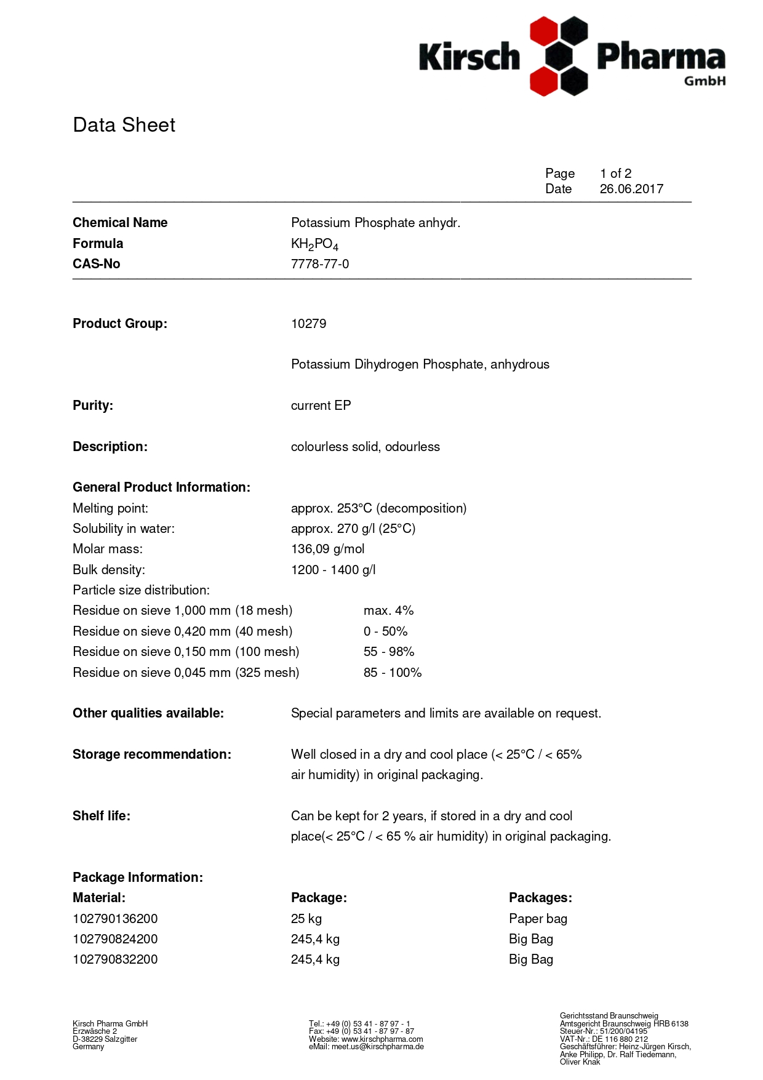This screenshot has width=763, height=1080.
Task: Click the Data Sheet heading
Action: point(124,125)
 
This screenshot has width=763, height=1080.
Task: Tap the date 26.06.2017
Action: point(631,189)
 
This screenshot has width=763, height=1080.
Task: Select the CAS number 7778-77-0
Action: point(320,264)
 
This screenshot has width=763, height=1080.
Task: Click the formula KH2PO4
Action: point(314,244)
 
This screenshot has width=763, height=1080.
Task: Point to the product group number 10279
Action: point(308,324)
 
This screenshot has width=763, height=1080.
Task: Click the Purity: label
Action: point(93,406)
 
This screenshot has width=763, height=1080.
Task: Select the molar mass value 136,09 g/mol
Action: point(327,549)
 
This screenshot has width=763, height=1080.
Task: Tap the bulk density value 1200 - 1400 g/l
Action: point(333,570)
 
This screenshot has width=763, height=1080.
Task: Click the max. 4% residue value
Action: point(388,610)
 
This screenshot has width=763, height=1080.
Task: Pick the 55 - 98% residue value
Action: point(389,652)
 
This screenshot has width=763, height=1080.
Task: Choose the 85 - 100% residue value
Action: point(393,673)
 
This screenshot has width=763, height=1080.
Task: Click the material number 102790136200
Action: point(115,919)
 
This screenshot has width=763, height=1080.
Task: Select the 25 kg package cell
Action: point(306,919)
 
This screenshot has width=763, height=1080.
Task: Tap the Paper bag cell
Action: point(538,919)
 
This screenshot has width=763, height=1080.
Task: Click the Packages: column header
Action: point(540,898)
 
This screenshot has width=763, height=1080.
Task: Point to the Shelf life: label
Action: point(102,816)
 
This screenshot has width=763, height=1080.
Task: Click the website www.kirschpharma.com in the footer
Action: point(382,1039)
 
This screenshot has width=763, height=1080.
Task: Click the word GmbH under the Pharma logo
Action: point(705,81)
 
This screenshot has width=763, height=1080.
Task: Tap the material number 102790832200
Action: point(115,959)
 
